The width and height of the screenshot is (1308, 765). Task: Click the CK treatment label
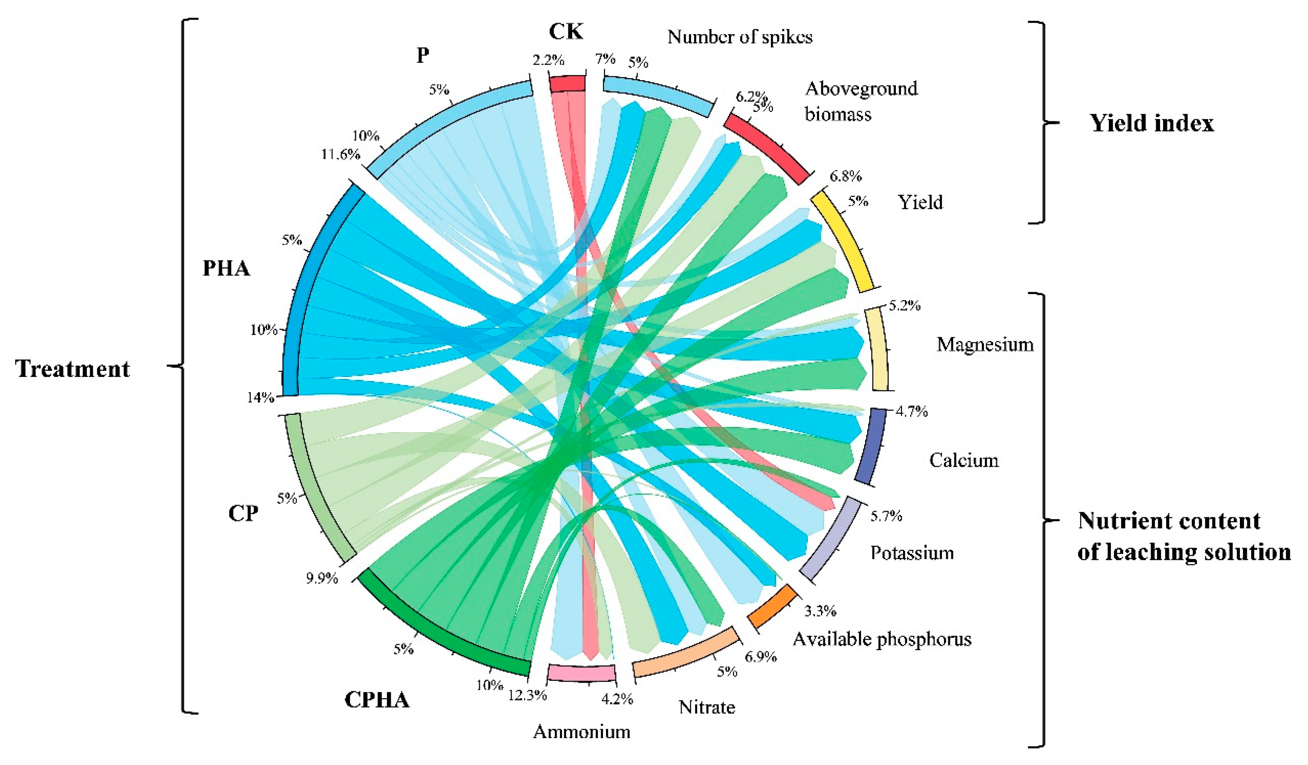566,32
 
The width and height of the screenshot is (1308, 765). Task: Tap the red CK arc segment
567,84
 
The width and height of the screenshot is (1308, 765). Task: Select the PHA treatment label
226,269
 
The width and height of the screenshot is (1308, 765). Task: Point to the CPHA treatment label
377,700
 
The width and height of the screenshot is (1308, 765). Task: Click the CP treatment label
243,513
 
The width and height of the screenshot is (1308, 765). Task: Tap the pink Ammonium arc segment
581,673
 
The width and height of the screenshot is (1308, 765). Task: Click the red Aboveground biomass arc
766,148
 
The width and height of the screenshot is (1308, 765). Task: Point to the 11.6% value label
341,154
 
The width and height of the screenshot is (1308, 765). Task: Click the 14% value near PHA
261,398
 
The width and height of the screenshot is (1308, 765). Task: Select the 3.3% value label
820,611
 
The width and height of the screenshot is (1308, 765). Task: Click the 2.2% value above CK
548,60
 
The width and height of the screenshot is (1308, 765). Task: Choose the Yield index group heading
1152,124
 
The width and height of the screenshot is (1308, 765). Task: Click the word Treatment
73,369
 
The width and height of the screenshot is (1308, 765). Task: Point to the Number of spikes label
740,37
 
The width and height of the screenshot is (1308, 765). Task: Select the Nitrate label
707,707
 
